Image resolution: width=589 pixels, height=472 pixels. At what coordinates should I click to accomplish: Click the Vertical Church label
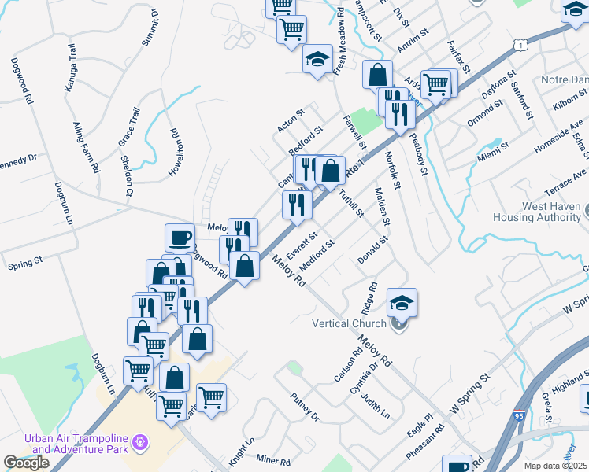click(349, 323)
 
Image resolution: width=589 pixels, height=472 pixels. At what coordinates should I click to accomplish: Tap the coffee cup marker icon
click(180, 237)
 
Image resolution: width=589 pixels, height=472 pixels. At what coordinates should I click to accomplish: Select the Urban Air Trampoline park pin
click(140, 443)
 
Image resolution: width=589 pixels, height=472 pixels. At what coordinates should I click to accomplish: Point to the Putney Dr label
click(305, 405)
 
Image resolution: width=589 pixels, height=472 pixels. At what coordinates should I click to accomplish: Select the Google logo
click(26, 463)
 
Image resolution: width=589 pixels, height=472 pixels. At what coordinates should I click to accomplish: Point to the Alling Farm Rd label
click(86, 147)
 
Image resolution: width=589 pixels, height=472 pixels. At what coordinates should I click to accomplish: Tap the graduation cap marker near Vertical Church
click(402, 302)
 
